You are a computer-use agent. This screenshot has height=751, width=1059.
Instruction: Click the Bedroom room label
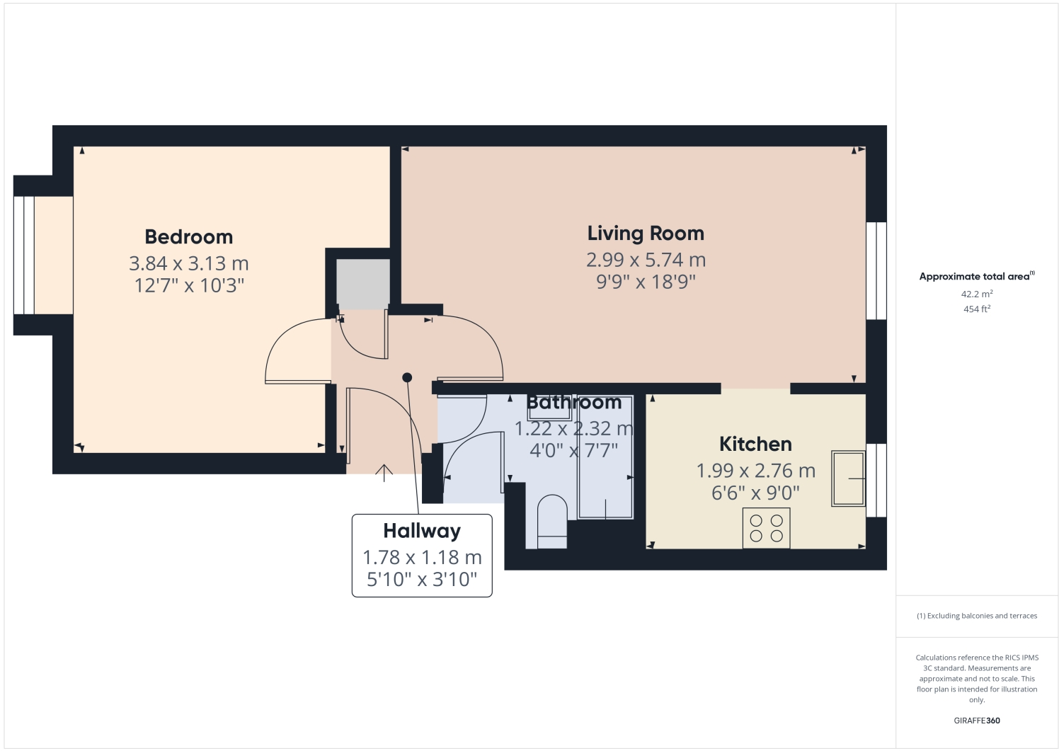click(x=188, y=237)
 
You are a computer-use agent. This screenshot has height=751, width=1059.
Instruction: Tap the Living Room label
click(x=646, y=234)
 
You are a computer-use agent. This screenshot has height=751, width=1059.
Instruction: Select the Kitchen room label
click(x=755, y=445)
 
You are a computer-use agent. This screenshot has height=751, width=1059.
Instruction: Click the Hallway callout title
click(x=422, y=532)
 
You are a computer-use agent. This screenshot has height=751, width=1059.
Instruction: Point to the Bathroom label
click(x=573, y=402)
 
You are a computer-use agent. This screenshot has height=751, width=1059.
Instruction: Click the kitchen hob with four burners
click(x=767, y=528)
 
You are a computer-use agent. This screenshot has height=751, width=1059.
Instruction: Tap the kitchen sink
click(x=849, y=478)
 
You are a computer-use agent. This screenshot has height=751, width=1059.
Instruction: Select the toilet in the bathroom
click(x=552, y=522)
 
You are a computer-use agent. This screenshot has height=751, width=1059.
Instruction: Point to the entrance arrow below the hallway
click(x=384, y=473)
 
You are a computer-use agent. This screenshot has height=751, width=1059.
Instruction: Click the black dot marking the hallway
click(x=407, y=378)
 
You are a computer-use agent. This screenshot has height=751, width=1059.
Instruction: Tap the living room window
click(x=876, y=271)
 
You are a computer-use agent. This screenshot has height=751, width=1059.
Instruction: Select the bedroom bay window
click(x=23, y=256)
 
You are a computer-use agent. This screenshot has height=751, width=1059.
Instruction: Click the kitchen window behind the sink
click(x=876, y=480)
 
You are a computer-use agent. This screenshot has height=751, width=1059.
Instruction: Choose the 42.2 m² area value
click(x=977, y=294)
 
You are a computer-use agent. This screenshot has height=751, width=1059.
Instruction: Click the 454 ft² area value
click(x=977, y=309)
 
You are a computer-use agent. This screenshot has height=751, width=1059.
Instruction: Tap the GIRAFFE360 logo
click(x=977, y=721)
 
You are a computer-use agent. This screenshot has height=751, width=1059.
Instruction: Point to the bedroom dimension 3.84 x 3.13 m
click(x=188, y=264)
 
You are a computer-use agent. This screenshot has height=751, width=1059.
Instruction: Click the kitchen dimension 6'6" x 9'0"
click(x=755, y=493)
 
